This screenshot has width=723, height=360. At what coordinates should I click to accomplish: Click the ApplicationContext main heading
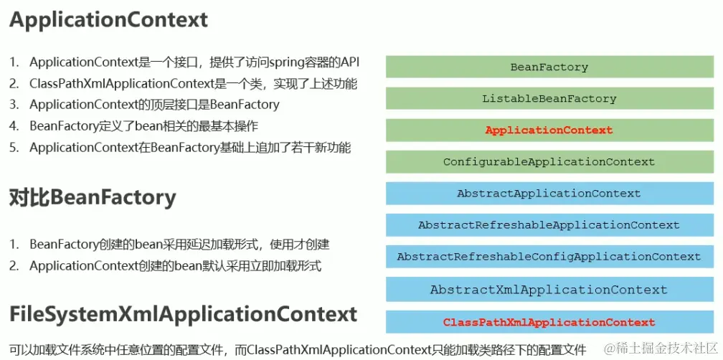[x=108, y=19]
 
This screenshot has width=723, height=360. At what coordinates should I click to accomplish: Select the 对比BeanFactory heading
[x=93, y=196]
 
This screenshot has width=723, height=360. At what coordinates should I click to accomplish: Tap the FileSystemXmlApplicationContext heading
[x=183, y=314]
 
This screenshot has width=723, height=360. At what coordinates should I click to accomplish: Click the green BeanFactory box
[x=549, y=67]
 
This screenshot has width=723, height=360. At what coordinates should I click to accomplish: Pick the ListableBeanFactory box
[x=549, y=98]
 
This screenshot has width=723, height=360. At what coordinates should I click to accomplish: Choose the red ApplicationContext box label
[x=549, y=130]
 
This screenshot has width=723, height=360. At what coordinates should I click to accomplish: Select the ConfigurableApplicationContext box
[x=549, y=161]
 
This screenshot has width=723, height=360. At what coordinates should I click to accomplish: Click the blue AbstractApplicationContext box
[x=549, y=193]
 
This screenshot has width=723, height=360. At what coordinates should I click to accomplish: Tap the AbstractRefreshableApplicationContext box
[x=549, y=224]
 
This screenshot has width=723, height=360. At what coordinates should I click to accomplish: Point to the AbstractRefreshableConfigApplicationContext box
[x=549, y=256]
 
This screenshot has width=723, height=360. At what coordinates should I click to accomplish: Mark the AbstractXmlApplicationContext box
[x=549, y=290]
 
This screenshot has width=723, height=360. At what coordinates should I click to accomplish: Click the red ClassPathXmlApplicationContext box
[x=549, y=322]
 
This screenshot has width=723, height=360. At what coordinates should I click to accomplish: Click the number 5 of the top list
[x=14, y=148]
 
